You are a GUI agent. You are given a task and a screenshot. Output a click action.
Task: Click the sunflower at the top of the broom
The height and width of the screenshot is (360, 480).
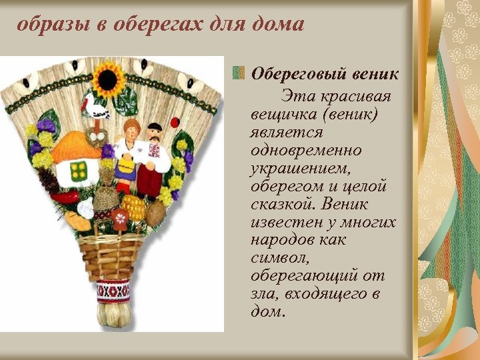108,79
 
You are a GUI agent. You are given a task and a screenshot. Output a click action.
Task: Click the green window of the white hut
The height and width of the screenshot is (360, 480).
79,171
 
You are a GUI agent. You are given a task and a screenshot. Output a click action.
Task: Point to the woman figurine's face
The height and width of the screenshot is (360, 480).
129,130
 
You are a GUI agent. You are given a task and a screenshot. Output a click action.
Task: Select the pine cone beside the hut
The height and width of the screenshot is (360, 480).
47,179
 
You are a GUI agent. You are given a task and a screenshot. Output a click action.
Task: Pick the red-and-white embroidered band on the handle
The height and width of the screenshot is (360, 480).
113,290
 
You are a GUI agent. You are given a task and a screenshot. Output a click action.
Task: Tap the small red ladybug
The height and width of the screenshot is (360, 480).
175,122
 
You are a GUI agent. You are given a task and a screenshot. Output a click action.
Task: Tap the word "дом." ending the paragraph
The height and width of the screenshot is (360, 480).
268,311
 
